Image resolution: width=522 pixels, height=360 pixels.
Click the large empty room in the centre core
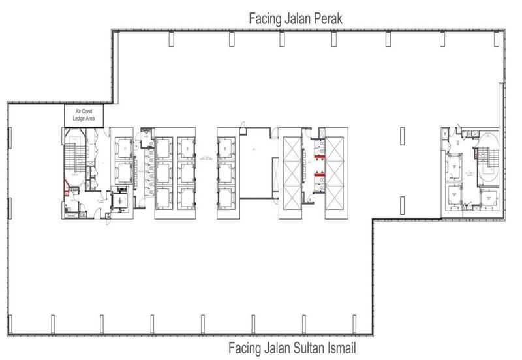(258, 166)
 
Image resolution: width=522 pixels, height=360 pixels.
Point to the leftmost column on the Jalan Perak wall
(171, 40)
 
